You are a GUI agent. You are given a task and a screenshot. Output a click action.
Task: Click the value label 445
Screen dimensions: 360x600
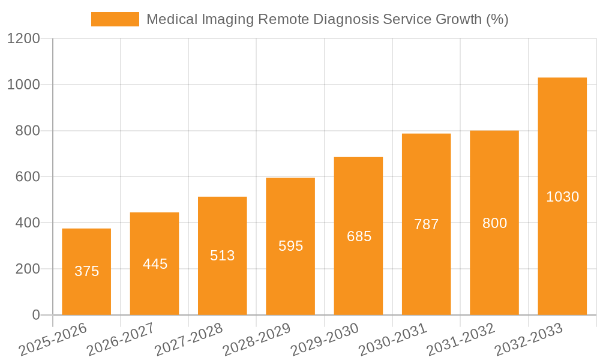click(x=155, y=264)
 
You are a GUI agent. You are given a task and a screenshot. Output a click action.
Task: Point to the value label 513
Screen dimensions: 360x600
click(x=223, y=256)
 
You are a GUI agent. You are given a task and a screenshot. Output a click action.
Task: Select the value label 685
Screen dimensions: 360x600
click(x=359, y=236)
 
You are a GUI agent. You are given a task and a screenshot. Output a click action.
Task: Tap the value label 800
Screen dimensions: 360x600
click(x=494, y=223)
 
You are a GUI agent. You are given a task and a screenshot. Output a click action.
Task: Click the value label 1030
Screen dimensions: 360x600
click(x=562, y=197)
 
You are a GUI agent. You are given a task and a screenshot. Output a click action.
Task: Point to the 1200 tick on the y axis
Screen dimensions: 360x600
click(x=23, y=39)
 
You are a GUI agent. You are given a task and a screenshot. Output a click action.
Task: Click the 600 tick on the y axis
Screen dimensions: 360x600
click(x=28, y=177)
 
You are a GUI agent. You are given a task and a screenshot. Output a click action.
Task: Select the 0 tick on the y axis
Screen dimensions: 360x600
click(x=35, y=315)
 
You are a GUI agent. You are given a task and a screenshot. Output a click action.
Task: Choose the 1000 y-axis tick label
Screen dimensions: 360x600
click(x=23, y=85)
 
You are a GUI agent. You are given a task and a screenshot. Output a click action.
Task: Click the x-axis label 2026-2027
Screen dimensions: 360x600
click(x=121, y=339)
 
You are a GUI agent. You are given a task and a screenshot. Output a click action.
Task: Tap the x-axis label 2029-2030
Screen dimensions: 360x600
click(x=325, y=339)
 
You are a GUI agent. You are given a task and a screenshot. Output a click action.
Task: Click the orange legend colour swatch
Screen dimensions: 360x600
click(x=115, y=19)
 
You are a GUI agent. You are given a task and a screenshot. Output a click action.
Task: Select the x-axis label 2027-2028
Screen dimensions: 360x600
click(x=189, y=339)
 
